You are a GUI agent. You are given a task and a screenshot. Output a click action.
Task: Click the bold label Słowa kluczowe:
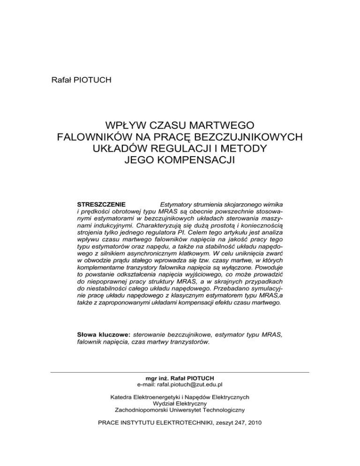104,336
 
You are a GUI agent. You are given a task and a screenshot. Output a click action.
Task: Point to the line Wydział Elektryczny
180,403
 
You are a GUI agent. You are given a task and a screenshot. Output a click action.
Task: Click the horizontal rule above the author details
180,372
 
